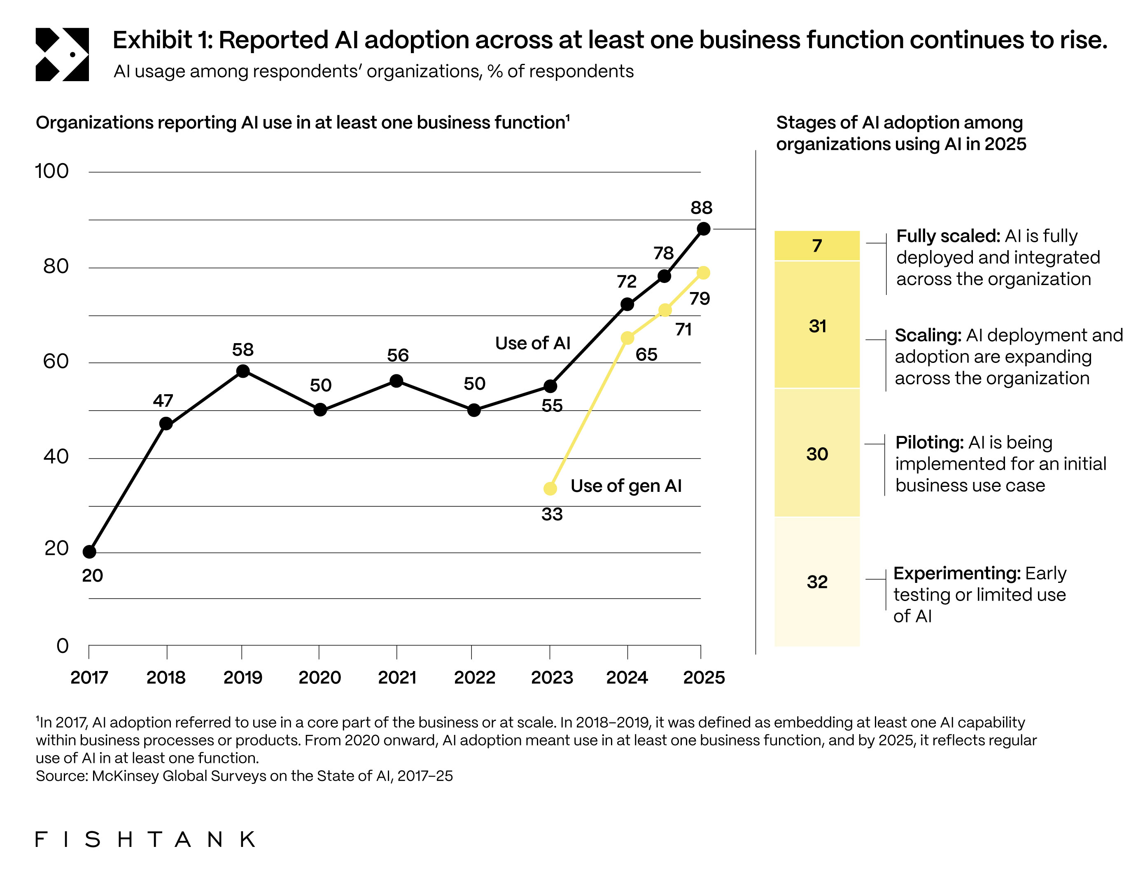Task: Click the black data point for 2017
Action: [x=90, y=552]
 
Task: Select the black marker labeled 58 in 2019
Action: [x=243, y=371]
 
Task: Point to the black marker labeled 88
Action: [x=704, y=229]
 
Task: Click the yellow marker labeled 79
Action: [x=704, y=273]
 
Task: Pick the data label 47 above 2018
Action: [x=163, y=401]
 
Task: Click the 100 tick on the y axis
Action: [x=51, y=171]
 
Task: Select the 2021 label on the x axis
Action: [x=397, y=678]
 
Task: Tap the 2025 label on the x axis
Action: [x=704, y=678]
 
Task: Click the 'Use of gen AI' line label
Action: [x=626, y=486]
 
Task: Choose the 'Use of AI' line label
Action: [x=533, y=343]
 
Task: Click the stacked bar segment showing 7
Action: [x=817, y=246]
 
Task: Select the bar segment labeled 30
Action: [x=817, y=454]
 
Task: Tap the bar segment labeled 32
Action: [x=817, y=582]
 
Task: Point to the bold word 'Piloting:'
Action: [x=929, y=442]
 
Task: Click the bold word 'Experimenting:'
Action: [x=957, y=573]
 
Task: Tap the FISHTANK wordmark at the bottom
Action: [x=145, y=839]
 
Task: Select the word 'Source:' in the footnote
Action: [x=62, y=776]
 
